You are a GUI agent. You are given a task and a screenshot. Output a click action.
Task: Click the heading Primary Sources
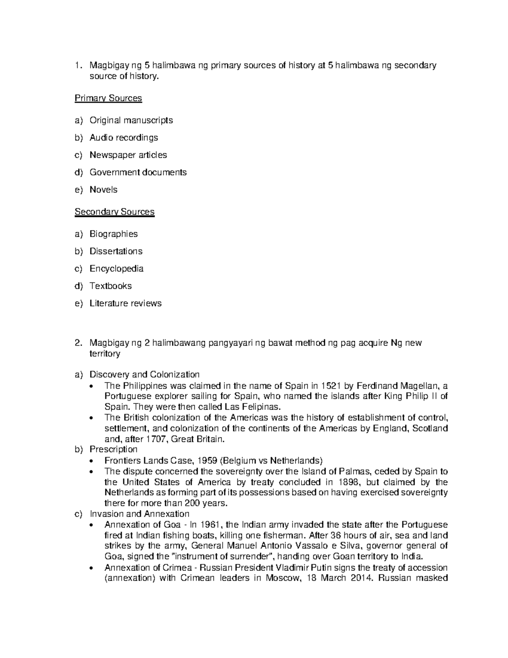click(x=108, y=98)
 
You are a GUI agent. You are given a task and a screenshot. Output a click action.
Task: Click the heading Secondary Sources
click(x=114, y=212)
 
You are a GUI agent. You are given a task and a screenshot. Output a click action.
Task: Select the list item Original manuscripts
click(x=131, y=120)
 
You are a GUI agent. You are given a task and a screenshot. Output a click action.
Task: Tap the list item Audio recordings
click(x=124, y=138)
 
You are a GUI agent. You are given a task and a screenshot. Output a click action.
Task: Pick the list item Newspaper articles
click(x=128, y=155)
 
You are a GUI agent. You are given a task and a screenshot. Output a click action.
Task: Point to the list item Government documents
click(x=138, y=172)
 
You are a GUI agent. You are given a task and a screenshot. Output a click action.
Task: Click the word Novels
click(x=103, y=190)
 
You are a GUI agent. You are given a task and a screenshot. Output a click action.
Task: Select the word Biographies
click(x=113, y=234)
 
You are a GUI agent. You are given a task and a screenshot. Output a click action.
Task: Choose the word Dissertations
click(x=116, y=251)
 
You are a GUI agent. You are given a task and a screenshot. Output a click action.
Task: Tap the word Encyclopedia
click(x=116, y=269)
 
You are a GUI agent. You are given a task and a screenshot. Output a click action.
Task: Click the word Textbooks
click(x=110, y=286)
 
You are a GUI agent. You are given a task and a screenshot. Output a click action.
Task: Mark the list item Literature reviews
click(x=125, y=303)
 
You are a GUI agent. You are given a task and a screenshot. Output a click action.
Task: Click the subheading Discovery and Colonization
click(x=144, y=375)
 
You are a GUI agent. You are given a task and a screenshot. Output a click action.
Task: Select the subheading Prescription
click(x=113, y=449)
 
